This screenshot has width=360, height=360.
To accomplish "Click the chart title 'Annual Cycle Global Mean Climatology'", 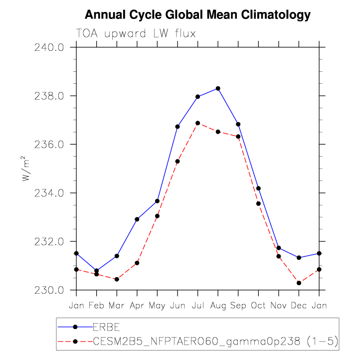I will coord(197,15).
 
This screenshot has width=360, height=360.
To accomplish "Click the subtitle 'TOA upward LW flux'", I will coord(135,33).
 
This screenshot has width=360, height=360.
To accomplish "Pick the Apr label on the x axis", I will coord(137,305).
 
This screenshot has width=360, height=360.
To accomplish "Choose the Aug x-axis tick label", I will coord(218,305).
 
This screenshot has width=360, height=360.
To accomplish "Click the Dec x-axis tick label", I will coord(299,305).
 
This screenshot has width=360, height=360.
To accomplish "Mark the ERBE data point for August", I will coord(218,89).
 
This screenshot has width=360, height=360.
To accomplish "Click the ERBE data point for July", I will coord(198,97).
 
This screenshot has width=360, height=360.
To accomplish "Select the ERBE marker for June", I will coord(178,127).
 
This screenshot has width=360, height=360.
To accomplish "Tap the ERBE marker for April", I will coord(137,219).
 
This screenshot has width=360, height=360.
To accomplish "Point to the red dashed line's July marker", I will coord(198,123).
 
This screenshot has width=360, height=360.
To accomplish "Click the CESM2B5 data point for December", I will coord(299,283).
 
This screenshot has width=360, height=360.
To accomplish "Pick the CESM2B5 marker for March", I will coord(117,279).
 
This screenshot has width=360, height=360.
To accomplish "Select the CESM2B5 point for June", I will coord(178,162).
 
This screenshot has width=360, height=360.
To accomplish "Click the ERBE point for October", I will coord(258,188).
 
